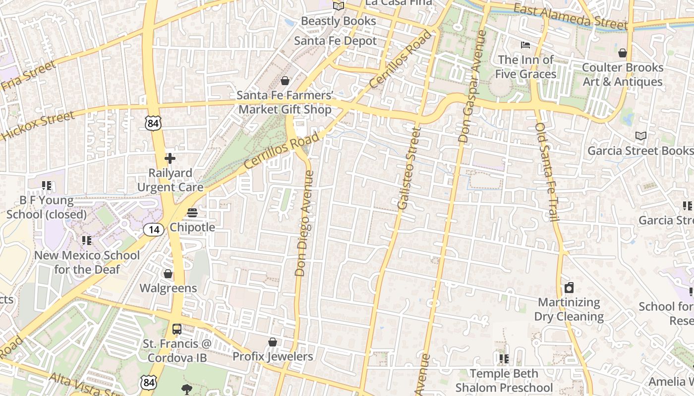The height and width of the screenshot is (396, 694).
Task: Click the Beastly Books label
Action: pyautogui.click(x=339, y=21)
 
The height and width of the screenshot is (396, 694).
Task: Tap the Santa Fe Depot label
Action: pyautogui.click(x=336, y=41)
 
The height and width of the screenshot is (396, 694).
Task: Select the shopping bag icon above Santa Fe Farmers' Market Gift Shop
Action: pyautogui.click(x=285, y=80)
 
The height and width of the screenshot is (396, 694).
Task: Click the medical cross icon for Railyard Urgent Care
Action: pyautogui.click(x=170, y=158)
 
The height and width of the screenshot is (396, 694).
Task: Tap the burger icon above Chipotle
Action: pyautogui.click(x=192, y=213)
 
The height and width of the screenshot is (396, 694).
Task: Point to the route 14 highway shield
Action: pyautogui.click(x=154, y=229)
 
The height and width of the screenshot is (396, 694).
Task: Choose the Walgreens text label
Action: pyautogui.click(x=168, y=288)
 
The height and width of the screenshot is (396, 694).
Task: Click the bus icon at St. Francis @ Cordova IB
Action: pyautogui.click(x=176, y=329)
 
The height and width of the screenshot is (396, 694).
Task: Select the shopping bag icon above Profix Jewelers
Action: pyautogui.click(x=272, y=342)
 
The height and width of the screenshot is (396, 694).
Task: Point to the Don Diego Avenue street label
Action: pyautogui.click(x=304, y=223)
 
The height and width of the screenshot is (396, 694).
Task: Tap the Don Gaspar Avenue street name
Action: pyautogui.click(x=472, y=87)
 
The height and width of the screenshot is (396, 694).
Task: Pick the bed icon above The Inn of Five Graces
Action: pyautogui.click(x=525, y=46)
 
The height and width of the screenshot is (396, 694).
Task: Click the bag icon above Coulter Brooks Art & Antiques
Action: pyautogui.click(x=623, y=52)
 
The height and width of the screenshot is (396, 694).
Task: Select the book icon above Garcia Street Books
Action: pyautogui.click(x=640, y=136)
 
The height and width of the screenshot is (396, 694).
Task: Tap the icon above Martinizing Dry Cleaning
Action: pyautogui.click(x=569, y=288)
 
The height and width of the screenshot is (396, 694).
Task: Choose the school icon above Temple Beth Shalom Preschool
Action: pyautogui.click(x=504, y=359)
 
